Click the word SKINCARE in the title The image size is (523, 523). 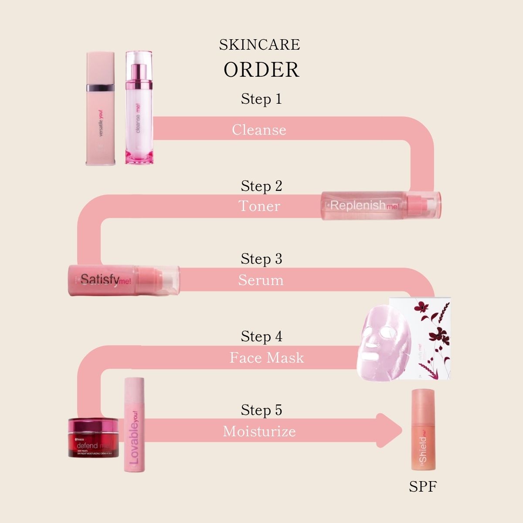[260, 44]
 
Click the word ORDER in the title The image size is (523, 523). [261, 70]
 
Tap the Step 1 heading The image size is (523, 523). [261, 99]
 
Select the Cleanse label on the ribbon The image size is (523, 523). [259, 129]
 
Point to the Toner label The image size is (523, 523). [259, 206]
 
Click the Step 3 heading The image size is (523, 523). [261, 259]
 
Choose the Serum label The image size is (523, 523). [261, 280]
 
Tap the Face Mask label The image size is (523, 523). [267, 358]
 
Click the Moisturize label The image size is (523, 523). [259, 431]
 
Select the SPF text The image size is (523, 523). [423, 486]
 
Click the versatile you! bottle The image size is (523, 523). [101, 109]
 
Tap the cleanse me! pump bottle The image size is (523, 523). [139, 109]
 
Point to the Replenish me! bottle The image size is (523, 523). [381, 205]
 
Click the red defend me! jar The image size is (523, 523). [93, 438]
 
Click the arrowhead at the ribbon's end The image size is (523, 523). [389, 430]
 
